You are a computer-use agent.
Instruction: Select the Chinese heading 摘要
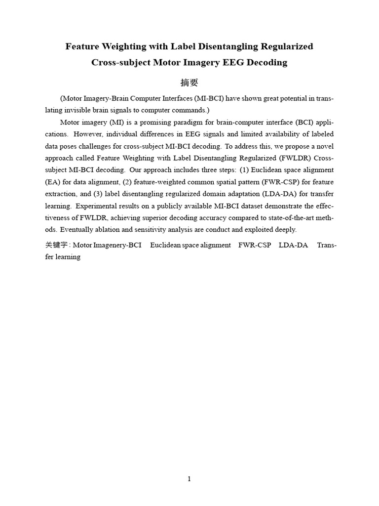(x=189, y=83)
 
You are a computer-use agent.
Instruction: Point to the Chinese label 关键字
(x=56, y=245)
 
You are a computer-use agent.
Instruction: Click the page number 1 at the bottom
(x=189, y=479)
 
